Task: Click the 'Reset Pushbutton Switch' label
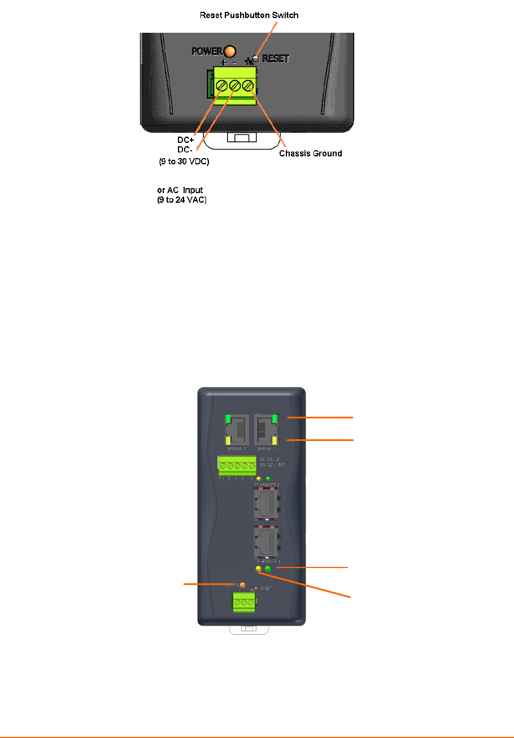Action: [249, 15]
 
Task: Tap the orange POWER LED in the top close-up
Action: [229, 51]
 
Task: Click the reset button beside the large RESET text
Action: [255, 58]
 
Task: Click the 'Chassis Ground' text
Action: [311, 153]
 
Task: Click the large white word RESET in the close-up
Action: [276, 58]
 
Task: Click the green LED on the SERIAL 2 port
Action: [275, 419]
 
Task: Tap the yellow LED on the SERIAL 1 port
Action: [228, 440]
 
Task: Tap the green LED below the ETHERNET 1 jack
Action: [268, 569]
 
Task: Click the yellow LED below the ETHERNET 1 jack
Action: [259, 569]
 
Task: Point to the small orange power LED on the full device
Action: [243, 585]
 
